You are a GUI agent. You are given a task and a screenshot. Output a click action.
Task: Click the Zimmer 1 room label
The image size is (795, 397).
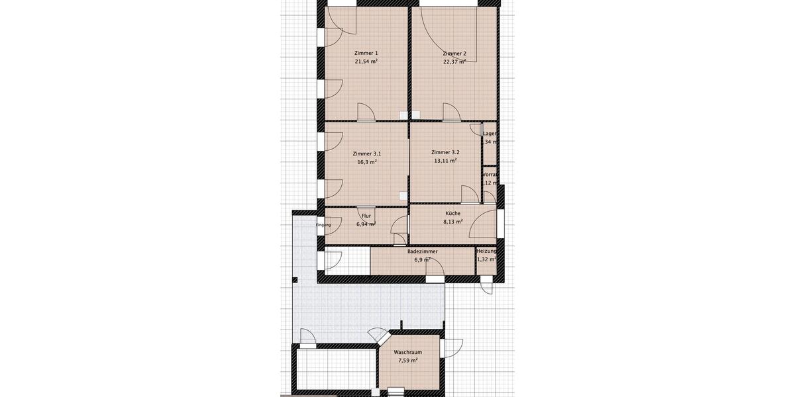point(366,53)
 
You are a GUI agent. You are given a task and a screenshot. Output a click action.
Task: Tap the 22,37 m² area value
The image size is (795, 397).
point(454,62)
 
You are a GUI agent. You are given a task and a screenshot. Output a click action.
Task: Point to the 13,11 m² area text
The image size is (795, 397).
point(445,161)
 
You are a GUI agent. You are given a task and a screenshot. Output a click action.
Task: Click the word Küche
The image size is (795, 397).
point(453,214)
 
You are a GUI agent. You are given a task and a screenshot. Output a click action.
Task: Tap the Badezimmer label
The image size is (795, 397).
point(422,252)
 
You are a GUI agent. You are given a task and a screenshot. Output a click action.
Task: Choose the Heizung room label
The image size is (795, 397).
point(486,251)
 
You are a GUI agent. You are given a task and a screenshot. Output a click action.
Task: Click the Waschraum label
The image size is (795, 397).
point(407,353)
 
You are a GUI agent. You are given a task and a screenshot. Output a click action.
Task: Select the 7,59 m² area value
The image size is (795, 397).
point(407,361)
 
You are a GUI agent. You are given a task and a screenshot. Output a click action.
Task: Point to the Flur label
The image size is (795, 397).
point(366,216)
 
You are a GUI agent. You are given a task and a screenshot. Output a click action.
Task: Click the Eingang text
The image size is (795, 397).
point(323,225)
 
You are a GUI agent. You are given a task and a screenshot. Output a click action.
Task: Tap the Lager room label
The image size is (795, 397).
point(490,134)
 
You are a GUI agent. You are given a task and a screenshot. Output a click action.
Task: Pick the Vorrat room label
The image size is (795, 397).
point(490,175)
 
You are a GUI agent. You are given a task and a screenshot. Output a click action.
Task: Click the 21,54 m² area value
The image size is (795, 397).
point(366,62)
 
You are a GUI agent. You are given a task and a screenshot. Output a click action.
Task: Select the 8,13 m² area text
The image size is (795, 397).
point(453,222)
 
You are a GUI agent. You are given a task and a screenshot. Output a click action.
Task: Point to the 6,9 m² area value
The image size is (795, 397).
point(422,260)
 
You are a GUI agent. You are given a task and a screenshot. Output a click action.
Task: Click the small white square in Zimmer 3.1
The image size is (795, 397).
point(403,195)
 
